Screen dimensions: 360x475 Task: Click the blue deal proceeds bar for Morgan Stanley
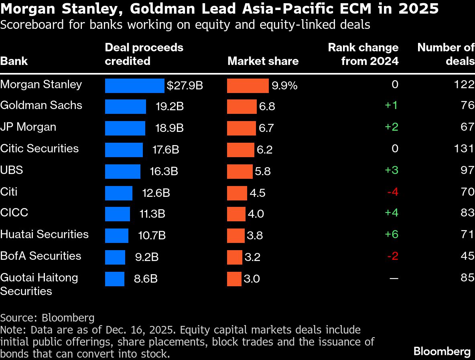pyautogui.click(x=134, y=86)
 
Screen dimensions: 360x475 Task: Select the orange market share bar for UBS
pyautogui.click(x=240, y=172)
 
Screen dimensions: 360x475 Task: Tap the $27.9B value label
pyautogui.click(x=185, y=86)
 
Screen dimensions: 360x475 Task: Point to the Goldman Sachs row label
pyautogui.click(x=41, y=105)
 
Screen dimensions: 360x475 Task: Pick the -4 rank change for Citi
pyautogui.click(x=392, y=192)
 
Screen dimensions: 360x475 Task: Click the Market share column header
pyautogui.click(x=263, y=61)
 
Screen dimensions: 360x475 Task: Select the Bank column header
pyautogui.click(x=14, y=61)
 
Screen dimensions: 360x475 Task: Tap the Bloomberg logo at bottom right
pyautogui.click(x=442, y=352)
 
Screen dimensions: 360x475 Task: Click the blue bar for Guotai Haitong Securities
pyautogui.click(x=115, y=279)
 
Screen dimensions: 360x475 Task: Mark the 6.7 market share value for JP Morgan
pyautogui.click(x=266, y=128)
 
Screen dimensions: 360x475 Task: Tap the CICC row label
pyautogui.click(x=14, y=212)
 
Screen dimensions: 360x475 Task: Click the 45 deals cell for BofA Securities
pyautogui.click(x=467, y=256)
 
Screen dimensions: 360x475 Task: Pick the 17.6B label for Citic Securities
pyautogui.click(x=166, y=150)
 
